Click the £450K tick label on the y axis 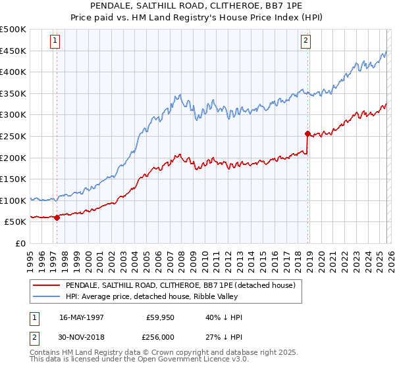(13, 51)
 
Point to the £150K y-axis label (13, 179)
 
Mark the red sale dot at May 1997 (57, 218)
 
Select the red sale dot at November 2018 (307, 133)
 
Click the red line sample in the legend (46, 285)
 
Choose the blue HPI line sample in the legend (46, 296)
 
